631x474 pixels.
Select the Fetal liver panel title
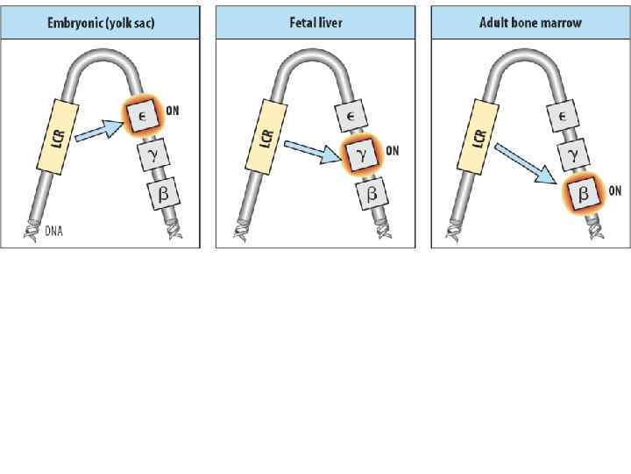point(315,22)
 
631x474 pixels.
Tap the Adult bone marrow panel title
point(530,22)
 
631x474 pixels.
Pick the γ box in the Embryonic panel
point(152,156)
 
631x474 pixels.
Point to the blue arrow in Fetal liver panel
point(312,153)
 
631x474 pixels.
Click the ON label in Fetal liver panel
point(393,151)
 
